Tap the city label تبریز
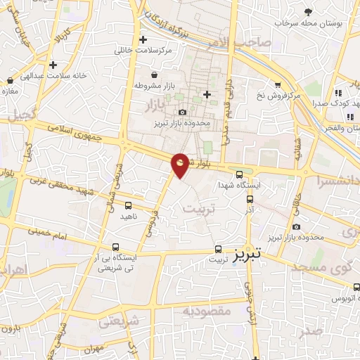[247, 251]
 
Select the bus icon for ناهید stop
[127, 206]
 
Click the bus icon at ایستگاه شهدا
[239, 175]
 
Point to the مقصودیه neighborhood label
[207, 311]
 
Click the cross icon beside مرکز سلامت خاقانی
[143, 40]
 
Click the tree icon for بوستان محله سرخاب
[308, 11]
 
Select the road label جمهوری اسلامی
[77, 133]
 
